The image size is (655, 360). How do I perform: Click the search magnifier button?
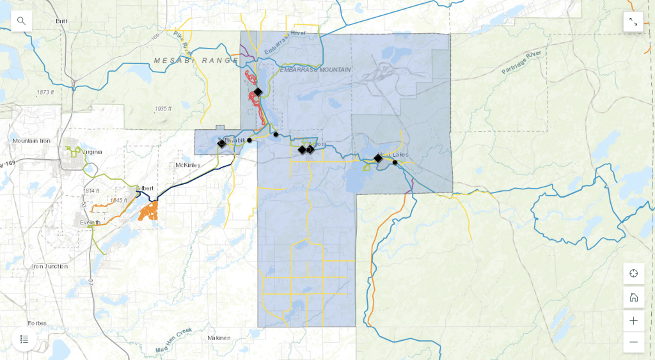[x=22, y=21]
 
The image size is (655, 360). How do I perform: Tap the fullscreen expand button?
[x=633, y=22]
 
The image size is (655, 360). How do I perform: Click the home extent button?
[x=633, y=297]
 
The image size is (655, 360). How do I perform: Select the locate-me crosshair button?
[x=633, y=274]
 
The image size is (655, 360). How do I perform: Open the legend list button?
[x=24, y=339]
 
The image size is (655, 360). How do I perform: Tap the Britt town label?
[x=61, y=21]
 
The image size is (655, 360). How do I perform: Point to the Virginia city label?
[x=91, y=152]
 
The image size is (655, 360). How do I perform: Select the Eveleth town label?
[x=90, y=222]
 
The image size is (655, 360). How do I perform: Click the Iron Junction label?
[x=50, y=266]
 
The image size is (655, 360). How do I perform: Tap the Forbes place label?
[x=37, y=323]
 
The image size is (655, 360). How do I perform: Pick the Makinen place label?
[x=219, y=338]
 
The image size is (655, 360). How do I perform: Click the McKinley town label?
[x=188, y=165]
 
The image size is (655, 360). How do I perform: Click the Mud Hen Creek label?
[x=174, y=340]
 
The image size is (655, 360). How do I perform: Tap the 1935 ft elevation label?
[x=163, y=109]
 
